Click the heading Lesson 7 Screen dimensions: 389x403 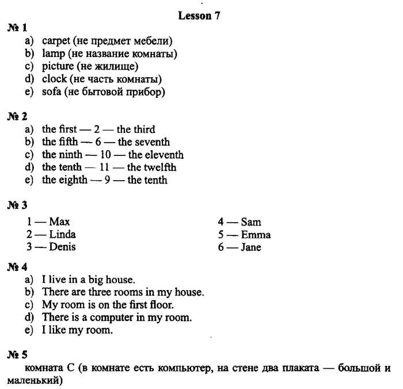click(x=199, y=16)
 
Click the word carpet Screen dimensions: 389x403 click(x=56, y=41)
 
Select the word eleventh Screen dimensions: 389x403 click(x=165, y=155)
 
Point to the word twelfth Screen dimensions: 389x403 click(x=161, y=167)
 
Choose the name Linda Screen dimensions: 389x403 click(x=62, y=234)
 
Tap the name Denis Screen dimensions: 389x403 click(x=62, y=247)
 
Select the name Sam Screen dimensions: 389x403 click(x=251, y=222)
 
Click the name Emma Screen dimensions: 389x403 click(x=256, y=234)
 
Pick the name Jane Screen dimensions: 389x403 click(x=251, y=247)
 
